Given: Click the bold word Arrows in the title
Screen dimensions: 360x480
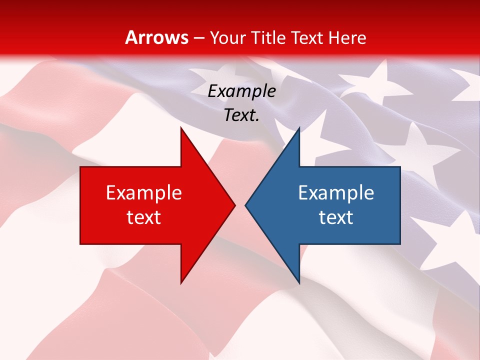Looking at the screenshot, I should [156, 37].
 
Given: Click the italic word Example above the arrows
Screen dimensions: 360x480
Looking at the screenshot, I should [242, 91].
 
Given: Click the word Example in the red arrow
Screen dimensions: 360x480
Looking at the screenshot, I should [144, 193].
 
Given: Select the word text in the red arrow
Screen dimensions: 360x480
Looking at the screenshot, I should [144, 217].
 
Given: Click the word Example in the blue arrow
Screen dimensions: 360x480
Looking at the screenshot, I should [336, 193].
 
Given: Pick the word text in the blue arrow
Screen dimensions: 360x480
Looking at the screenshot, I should [336, 217].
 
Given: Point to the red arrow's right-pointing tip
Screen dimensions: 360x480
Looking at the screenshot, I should [234, 205].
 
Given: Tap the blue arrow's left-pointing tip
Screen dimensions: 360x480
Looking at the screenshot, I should [246, 205].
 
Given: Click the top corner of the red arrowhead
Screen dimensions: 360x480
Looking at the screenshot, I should [181, 128].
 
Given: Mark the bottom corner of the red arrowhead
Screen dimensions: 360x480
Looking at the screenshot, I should [181, 282].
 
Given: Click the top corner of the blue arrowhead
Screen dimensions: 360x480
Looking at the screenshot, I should [299, 128].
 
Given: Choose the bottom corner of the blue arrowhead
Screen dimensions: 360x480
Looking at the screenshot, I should [299, 282].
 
